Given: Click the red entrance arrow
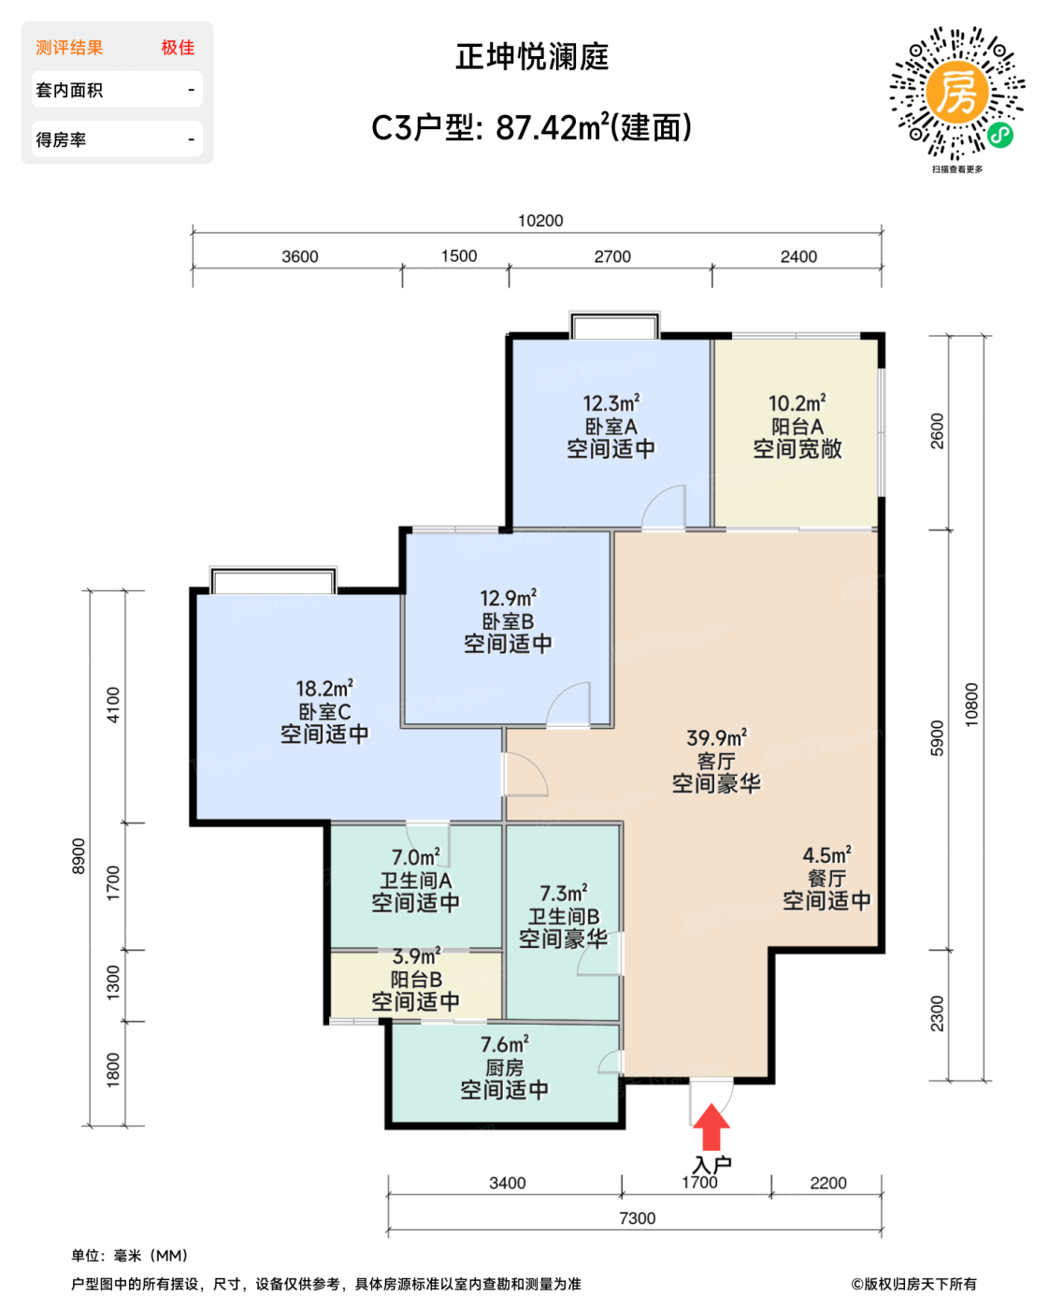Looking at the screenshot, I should [x=712, y=1128].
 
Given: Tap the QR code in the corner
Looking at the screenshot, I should [x=956, y=94].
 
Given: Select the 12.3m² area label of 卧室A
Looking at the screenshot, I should [x=611, y=403].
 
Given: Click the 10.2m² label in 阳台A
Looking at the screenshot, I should [x=797, y=403].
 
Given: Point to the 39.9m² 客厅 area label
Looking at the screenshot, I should [x=716, y=738].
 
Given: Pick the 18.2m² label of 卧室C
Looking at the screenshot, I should [x=324, y=689].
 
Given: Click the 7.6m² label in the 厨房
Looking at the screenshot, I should [x=504, y=1044].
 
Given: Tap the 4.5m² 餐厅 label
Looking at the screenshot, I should [x=827, y=855].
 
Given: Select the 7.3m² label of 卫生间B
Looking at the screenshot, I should [x=563, y=894].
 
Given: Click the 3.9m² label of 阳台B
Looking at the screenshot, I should [x=415, y=956].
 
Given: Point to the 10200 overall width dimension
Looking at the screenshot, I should [x=540, y=221].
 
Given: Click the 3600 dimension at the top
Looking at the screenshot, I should [x=299, y=256].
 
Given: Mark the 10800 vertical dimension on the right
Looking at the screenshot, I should [x=971, y=704].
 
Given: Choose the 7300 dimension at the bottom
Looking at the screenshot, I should [x=637, y=1218].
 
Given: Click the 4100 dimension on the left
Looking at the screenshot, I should [x=113, y=705].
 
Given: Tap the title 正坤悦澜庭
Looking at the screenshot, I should [x=532, y=57].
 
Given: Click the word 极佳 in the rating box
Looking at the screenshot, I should [x=178, y=48].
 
